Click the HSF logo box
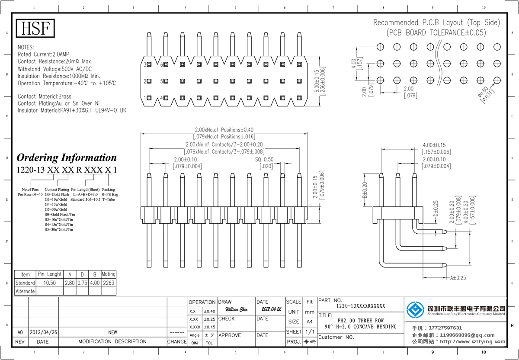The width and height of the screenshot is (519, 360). (36, 29)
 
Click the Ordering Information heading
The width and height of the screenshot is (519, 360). (67, 157)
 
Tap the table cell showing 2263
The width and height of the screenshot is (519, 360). (109, 283)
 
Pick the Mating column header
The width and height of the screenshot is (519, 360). (109, 274)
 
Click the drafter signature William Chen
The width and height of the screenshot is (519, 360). (237, 310)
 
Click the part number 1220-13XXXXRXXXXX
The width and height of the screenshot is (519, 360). (360, 306)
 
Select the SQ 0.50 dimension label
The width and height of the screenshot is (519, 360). (265, 160)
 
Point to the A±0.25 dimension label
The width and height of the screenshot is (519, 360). (458, 278)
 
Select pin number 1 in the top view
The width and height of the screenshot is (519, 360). (145, 98)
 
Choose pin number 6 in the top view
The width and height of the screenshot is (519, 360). (162, 64)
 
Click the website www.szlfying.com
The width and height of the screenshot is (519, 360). (473, 341)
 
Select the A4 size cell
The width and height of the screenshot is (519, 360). (309, 322)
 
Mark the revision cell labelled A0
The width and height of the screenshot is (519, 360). (20, 332)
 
